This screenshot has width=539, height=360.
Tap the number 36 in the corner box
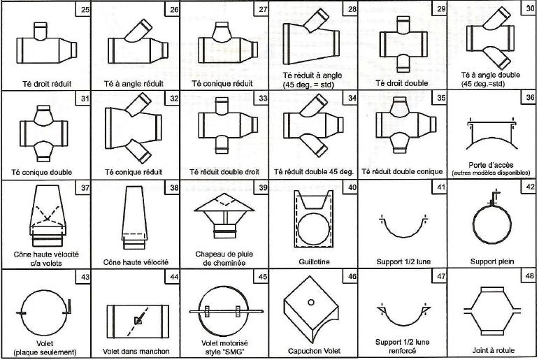(530, 98)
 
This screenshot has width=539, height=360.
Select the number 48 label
(530, 276)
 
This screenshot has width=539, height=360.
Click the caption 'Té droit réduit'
(47, 84)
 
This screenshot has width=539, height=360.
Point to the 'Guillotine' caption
(314, 261)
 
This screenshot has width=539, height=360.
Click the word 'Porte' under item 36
(477, 165)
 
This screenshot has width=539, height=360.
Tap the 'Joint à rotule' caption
(493, 350)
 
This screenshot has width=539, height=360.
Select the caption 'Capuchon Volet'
(314, 351)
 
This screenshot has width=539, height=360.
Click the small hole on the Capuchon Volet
(311, 303)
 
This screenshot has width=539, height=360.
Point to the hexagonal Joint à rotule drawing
(493, 311)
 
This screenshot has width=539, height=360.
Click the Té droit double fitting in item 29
(403, 44)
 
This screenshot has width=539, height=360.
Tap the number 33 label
(263, 99)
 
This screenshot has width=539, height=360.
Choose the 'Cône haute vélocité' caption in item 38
(136, 262)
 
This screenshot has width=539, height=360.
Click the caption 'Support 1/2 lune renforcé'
(402, 346)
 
